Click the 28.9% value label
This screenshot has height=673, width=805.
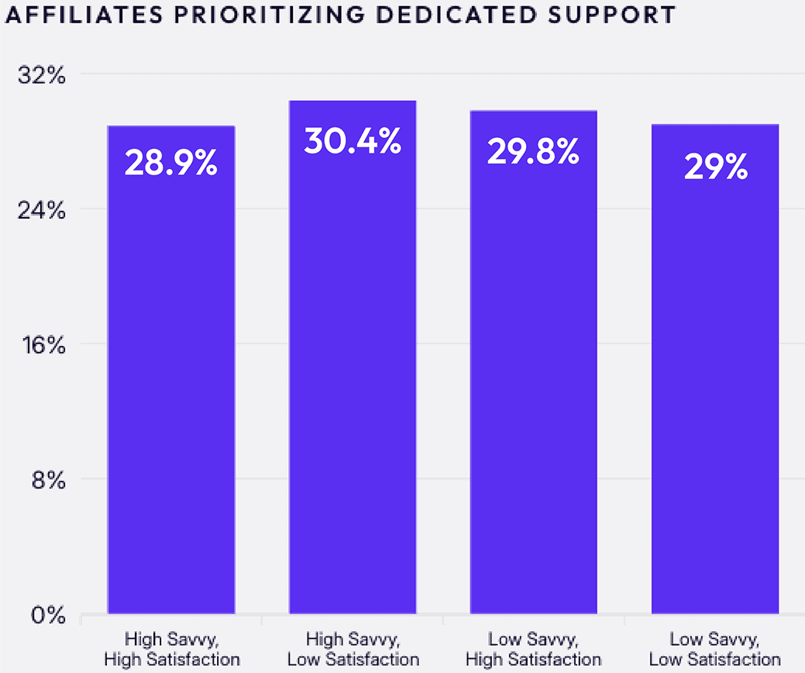point(170,164)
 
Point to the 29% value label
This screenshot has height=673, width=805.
point(715,166)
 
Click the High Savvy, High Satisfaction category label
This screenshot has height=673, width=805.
point(171,650)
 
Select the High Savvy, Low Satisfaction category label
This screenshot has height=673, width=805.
point(353,650)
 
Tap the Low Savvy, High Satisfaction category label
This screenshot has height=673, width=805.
point(533,650)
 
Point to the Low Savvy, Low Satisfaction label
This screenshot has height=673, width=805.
point(714,650)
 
